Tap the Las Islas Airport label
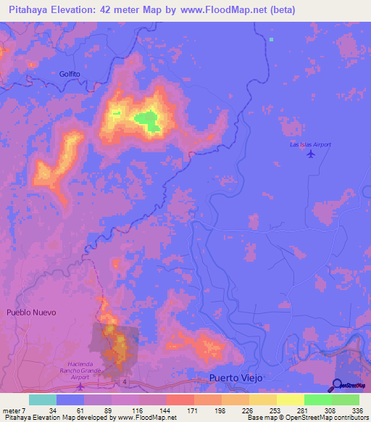click(x=310, y=145)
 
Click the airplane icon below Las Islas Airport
click(x=312, y=154)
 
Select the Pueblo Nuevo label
click(x=30, y=313)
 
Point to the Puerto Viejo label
click(x=234, y=378)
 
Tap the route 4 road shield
click(x=125, y=381)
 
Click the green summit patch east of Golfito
click(x=149, y=120)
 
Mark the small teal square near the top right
click(x=272, y=39)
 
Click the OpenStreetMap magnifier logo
click(x=338, y=386)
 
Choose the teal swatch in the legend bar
click(x=42, y=400)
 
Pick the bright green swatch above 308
click(x=317, y=400)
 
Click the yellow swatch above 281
click(x=290, y=400)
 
